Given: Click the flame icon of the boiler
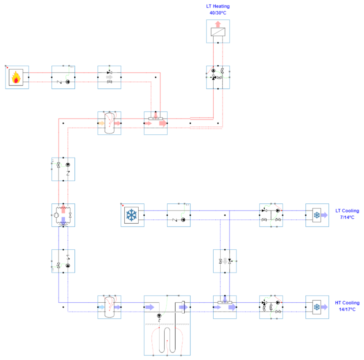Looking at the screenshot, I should click(16, 77).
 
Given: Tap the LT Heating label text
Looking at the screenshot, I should click(218, 7).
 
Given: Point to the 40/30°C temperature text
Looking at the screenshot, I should click(218, 13).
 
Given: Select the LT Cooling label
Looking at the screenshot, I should click(347, 211).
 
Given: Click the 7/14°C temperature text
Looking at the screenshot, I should click(347, 217).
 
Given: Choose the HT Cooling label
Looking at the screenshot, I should click(347, 303).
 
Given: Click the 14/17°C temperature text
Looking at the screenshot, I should click(347, 309).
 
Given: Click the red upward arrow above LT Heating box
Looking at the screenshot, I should click(218, 24).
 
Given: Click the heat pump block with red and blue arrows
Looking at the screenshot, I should click(63, 215).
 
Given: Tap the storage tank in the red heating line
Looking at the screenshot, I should click(109, 123).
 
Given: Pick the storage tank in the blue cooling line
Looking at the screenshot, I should click(109, 307).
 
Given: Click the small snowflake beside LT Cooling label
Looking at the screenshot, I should click(316, 216).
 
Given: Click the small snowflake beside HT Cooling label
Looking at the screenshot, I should click(316, 307).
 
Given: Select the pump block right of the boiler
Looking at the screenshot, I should click(63, 77).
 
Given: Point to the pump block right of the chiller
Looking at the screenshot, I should click(179, 215).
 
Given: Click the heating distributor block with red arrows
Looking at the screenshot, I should click(155, 123).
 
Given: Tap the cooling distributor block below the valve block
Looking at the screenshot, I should click(225, 307).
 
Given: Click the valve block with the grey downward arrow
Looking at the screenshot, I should click(225, 261).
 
